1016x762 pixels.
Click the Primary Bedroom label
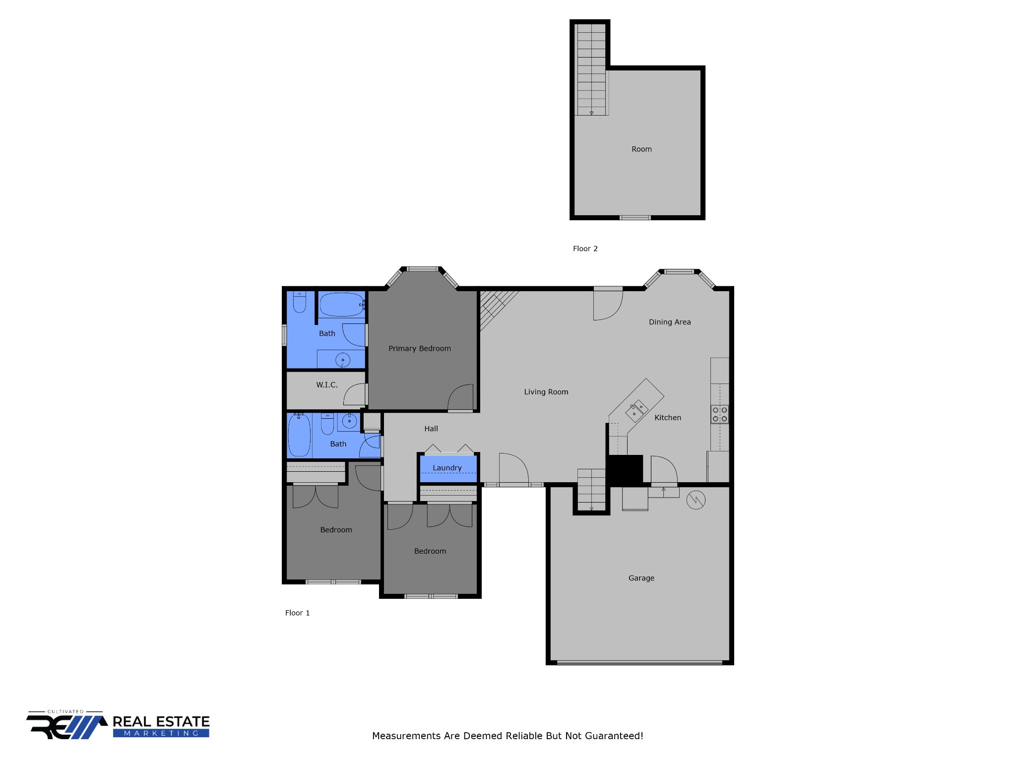click(x=420, y=349)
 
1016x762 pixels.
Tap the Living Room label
click(x=546, y=392)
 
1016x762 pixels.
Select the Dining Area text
click(x=670, y=322)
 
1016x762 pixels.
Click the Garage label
click(x=641, y=578)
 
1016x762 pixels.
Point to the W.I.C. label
click(x=327, y=385)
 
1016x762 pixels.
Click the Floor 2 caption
click(x=585, y=249)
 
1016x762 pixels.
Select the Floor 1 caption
click(x=297, y=613)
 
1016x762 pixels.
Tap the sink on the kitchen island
click(x=636, y=410)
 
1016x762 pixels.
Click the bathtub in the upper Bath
click(x=341, y=305)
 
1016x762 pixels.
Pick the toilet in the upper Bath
click(x=300, y=302)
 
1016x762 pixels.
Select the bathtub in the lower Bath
click(x=299, y=435)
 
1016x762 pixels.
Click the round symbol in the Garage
click(x=696, y=500)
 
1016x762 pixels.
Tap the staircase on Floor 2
click(x=591, y=69)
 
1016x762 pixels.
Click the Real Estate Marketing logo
click(x=118, y=725)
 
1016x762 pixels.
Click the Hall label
click(x=431, y=429)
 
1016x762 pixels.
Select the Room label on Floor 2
click(x=641, y=149)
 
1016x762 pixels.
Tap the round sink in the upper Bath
click(x=343, y=360)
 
